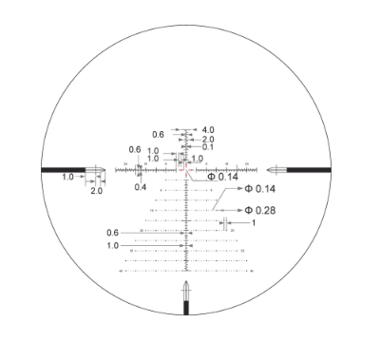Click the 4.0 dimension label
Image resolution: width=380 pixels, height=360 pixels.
207,129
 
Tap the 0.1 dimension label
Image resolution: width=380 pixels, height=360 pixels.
207,147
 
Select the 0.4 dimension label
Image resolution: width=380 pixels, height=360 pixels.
140,187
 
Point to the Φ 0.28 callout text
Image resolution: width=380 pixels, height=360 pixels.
259,210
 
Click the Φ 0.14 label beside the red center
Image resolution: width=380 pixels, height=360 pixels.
221,178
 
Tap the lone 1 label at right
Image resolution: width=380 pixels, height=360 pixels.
254,223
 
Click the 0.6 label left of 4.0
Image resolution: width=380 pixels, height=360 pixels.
158,134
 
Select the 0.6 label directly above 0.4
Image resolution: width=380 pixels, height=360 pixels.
135,150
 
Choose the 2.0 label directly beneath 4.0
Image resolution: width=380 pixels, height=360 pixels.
207,139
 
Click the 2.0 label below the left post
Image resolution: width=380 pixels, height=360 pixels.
96,191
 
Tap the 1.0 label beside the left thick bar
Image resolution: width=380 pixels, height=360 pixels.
68,178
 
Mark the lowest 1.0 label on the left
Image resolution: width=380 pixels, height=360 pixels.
114,245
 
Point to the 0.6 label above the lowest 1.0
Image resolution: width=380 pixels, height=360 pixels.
114,233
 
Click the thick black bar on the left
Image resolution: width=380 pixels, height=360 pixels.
63,169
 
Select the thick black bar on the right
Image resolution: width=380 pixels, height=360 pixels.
310,169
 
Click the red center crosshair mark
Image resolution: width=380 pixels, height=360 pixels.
186,169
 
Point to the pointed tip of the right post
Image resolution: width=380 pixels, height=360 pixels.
269,169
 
